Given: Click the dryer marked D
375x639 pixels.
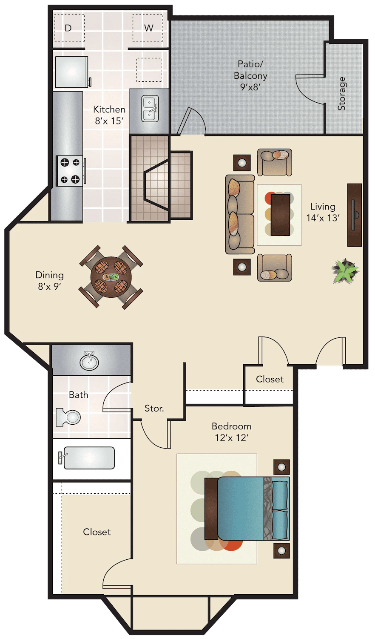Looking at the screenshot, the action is click(x=69, y=27).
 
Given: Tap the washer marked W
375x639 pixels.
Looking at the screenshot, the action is click(x=148, y=27).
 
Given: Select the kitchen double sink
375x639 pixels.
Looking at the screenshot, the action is click(x=150, y=108).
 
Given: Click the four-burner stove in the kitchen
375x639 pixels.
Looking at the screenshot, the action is click(x=70, y=171).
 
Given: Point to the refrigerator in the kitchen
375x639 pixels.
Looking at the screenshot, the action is click(x=72, y=72).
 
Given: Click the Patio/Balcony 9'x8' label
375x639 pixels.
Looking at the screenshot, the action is click(x=250, y=75).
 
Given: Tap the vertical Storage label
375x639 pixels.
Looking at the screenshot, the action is click(x=341, y=94).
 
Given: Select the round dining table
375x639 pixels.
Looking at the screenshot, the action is click(x=111, y=277).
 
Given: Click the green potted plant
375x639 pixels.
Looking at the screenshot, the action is click(x=345, y=271).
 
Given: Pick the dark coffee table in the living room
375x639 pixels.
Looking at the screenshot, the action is click(x=281, y=215).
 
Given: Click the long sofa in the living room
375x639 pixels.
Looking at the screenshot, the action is click(x=240, y=215).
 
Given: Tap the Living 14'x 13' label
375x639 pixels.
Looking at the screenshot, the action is click(x=323, y=212).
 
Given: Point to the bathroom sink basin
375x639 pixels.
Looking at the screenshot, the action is click(x=89, y=361).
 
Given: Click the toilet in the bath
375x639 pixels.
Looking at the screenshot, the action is click(x=68, y=417).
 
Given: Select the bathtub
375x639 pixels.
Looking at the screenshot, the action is click(x=89, y=458).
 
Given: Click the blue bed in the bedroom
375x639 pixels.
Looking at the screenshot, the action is click(x=247, y=509).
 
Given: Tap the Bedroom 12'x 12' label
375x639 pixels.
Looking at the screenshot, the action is click(x=231, y=432).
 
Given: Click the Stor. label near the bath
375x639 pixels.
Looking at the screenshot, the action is click(x=154, y=408).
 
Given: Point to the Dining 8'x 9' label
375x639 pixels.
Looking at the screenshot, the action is click(x=50, y=280).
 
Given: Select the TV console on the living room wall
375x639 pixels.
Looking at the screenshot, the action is click(x=355, y=215).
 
